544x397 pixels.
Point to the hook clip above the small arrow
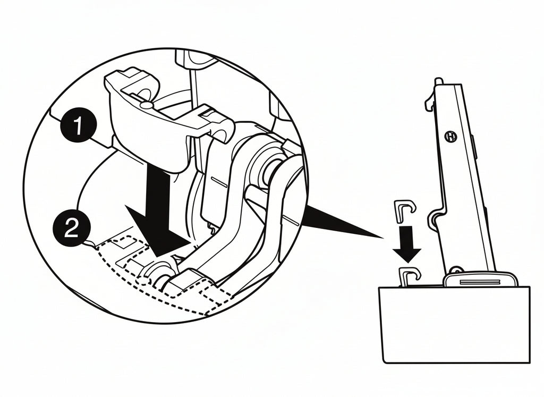pos(404,209)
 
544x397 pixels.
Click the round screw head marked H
pos(451,137)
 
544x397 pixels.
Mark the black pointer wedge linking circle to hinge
pos(340,220)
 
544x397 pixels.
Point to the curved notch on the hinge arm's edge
pos(435,218)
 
